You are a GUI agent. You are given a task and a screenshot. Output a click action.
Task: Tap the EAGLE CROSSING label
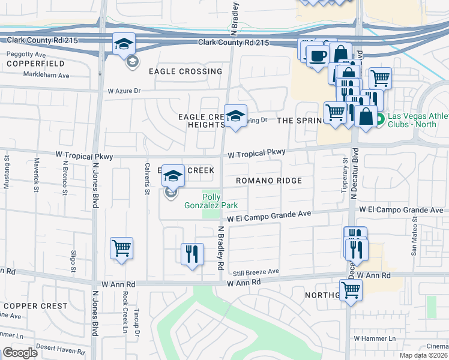[x=185, y=71]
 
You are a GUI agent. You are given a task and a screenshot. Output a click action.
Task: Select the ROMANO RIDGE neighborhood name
[x=268, y=180]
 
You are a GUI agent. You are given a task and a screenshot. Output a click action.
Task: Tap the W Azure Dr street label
[x=124, y=91]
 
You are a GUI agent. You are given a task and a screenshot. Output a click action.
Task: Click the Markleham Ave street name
[x=46, y=76]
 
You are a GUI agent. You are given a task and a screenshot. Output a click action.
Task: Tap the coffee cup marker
[x=317, y=56]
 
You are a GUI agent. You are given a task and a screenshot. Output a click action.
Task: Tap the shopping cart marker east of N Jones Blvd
[x=121, y=247]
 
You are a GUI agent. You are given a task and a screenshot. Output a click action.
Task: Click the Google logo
[x=20, y=353]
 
